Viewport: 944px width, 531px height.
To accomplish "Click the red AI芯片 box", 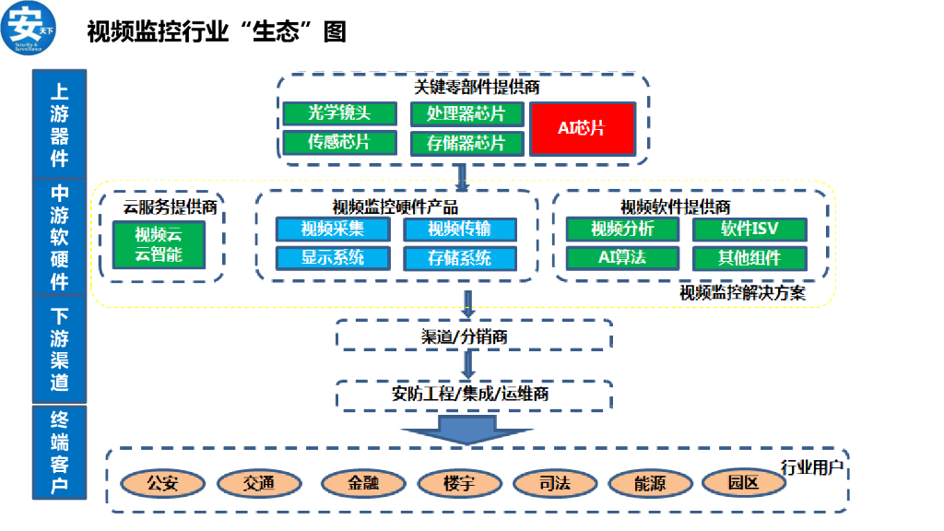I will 582,128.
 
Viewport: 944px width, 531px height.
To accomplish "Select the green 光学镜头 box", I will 339,113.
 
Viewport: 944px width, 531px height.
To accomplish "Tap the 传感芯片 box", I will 339,142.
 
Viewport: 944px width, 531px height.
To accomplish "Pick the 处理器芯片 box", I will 466,114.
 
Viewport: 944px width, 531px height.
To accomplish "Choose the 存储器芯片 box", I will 466,143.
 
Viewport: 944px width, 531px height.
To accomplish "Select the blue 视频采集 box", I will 333,229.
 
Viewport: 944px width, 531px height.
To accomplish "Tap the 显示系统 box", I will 333,257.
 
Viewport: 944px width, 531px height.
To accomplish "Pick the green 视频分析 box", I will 622,229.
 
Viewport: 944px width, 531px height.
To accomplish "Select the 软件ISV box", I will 749,229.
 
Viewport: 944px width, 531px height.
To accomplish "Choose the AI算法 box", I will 622,257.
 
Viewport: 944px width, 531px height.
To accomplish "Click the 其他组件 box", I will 749,257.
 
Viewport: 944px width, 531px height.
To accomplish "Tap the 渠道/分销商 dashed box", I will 474,336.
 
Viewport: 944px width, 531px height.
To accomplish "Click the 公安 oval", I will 162,483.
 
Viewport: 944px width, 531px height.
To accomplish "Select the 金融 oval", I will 363,483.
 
